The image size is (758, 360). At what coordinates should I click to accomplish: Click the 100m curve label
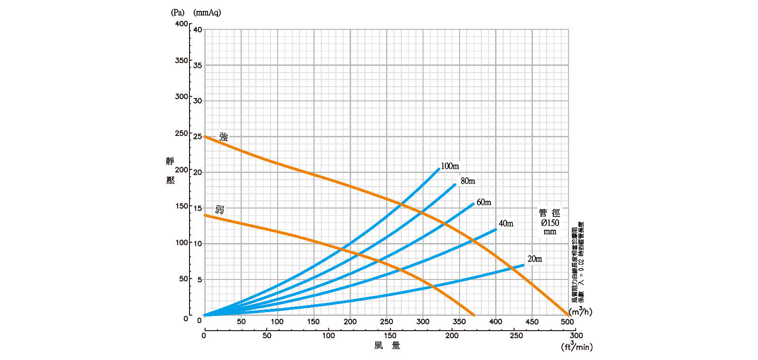click(x=450, y=166)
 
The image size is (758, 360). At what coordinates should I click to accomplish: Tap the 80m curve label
click(x=468, y=181)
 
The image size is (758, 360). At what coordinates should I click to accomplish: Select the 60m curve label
click(x=484, y=202)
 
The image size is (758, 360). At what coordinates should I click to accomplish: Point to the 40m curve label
click(x=506, y=224)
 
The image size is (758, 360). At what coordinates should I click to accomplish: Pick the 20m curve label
click(x=534, y=259)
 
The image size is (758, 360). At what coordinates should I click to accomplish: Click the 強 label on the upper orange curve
click(x=224, y=137)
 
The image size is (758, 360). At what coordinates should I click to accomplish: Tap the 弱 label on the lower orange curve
click(x=219, y=209)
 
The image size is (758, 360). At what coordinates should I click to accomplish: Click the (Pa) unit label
click(x=178, y=13)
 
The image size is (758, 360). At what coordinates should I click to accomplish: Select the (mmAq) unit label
click(x=207, y=13)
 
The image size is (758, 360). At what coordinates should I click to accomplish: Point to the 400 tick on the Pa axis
click(x=181, y=24)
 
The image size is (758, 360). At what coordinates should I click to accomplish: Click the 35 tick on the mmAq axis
click(x=198, y=66)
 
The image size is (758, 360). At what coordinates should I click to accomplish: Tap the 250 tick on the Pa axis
click(x=181, y=134)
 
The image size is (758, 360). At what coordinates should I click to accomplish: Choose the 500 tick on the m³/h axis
click(x=568, y=322)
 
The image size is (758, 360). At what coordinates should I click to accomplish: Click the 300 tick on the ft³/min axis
click(x=576, y=335)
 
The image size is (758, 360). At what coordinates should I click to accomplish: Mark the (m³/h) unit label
click(x=580, y=312)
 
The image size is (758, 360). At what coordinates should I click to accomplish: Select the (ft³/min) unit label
click(x=577, y=347)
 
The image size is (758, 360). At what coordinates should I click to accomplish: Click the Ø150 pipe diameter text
click(x=550, y=223)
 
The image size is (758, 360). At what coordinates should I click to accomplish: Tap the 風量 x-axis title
click(x=387, y=346)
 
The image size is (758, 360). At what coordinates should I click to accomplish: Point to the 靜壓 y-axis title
click(x=170, y=171)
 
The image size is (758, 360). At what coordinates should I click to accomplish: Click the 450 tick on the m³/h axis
click(x=532, y=322)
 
